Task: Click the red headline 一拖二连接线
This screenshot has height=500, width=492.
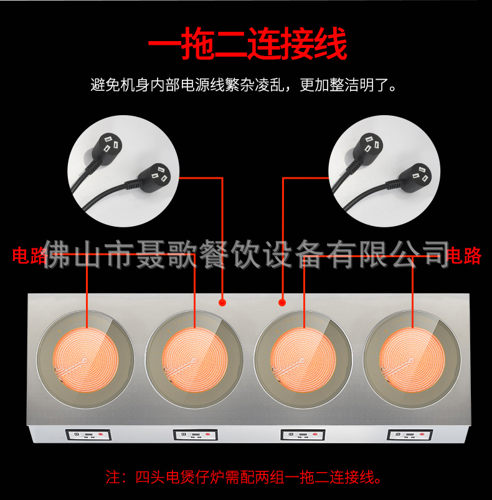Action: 246,45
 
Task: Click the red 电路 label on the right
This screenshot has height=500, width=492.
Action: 464,255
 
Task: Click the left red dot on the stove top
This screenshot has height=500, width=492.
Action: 222,303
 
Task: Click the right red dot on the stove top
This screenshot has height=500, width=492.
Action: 282,303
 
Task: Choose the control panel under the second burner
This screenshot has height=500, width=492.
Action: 195,435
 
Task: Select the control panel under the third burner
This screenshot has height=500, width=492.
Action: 303,435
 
